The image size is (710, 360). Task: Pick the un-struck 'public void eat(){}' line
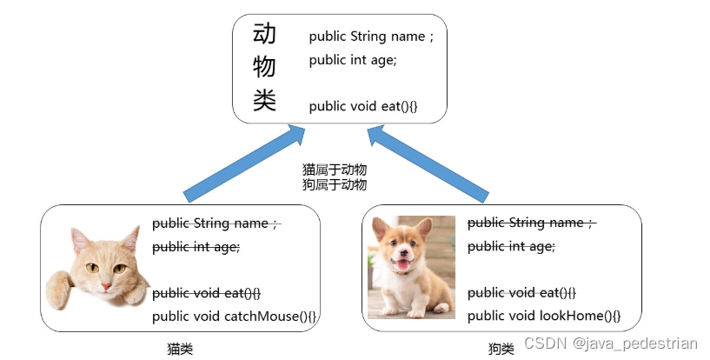pyautogui.click(x=363, y=106)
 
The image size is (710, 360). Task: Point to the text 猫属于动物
pyautogui.click(x=334, y=170)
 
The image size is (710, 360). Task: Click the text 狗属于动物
pyautogui.click(x=334, y=184)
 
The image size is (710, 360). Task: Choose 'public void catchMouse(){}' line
pyautogui.click(x=235, y=316)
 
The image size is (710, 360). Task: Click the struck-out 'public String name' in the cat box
pyautogui.click(x=216, y=223)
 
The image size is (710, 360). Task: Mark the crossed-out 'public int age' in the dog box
pyautogui.click(x=510, y=247)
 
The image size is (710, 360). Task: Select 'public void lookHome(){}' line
pyautogui.click(x=543, y=316)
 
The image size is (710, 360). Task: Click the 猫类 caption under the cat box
pyautogui.click(x=179, y=349)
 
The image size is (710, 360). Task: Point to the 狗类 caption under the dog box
pyautogui.click(x=501, y=349)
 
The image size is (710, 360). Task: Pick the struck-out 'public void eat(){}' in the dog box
pyautogui.click(x=521, y=292)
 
